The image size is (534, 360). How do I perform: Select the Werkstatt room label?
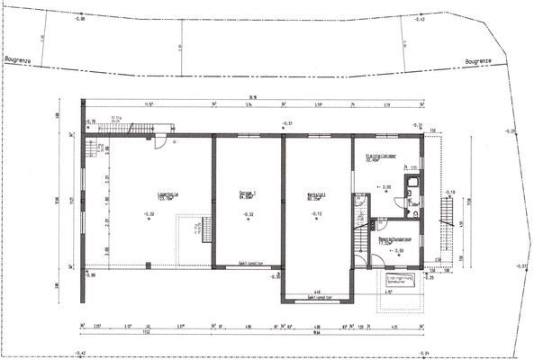[316, 193]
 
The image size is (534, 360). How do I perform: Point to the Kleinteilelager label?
[382, 157]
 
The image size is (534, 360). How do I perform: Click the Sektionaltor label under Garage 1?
[251, 264]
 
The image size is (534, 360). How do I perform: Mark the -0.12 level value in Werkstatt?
[317, 214]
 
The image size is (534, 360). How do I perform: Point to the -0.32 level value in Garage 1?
[249, 214]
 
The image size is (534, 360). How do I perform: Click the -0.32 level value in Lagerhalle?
[149, 214]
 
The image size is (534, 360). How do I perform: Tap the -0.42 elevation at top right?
[420, 18]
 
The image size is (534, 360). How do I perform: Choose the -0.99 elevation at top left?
[80, 17]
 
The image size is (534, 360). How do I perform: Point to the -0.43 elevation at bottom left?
[80, 352]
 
